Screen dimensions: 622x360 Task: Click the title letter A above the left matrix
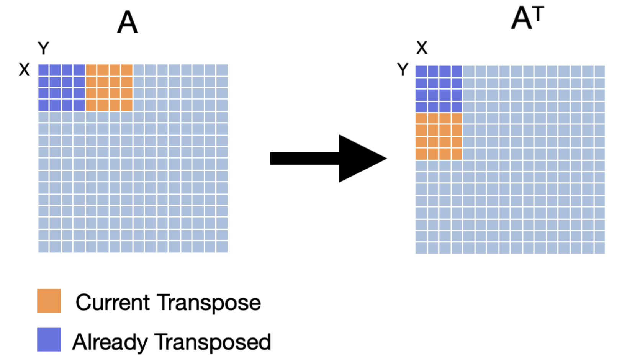pos(128,22)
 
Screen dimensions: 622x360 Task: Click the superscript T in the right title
pos(538,14)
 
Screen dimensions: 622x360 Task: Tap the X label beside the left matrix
pos(24,69)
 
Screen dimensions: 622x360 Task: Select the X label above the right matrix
pos(422,47)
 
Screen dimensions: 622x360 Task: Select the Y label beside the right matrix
pos(403,69)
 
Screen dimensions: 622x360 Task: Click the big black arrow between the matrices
pos(329,159)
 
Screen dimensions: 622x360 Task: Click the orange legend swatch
pos(49,301)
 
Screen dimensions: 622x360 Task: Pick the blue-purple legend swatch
pos(49,339)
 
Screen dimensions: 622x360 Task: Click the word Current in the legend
pos(113,302)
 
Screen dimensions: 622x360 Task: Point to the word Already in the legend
pos(110,342)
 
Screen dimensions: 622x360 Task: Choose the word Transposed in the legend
pos(213,342)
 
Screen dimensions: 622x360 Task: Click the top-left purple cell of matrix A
pos(43,70)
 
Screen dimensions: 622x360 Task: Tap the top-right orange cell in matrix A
pos(127,70)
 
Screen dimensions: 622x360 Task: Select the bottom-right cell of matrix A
pos(222,247)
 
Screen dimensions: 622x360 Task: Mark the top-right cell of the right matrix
pos(599,71)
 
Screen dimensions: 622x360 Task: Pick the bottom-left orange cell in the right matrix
pos(421,154)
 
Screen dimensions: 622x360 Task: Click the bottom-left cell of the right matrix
pos(421,248)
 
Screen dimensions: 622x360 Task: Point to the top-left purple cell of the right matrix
pos(421,71)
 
